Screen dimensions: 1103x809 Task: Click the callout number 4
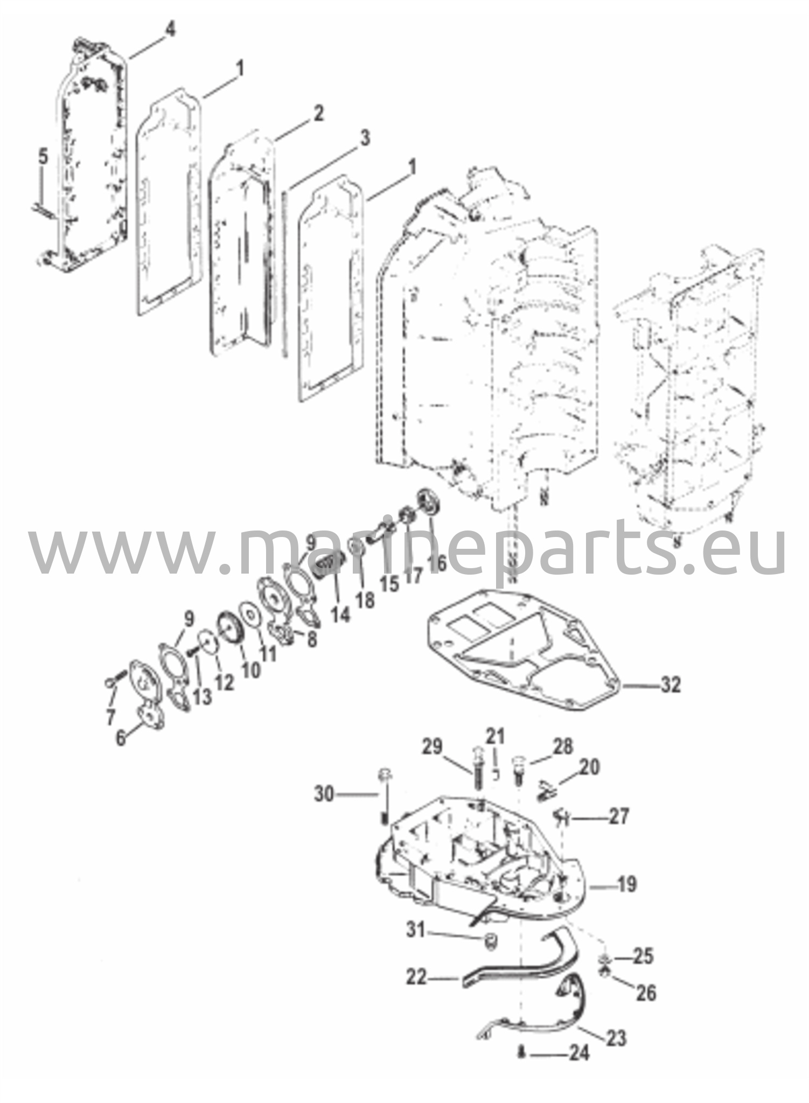click(x=169, y=30)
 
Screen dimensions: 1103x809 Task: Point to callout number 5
click(x=43, y=159)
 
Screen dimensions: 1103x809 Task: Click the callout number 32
click(x=670, y=686)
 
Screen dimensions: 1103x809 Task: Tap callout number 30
click(x=324, y=794)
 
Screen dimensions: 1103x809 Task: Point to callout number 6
click(x=121, y=737)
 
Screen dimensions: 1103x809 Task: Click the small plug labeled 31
click(x=490, y=941)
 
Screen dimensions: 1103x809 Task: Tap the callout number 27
click(x=618, y=817)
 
